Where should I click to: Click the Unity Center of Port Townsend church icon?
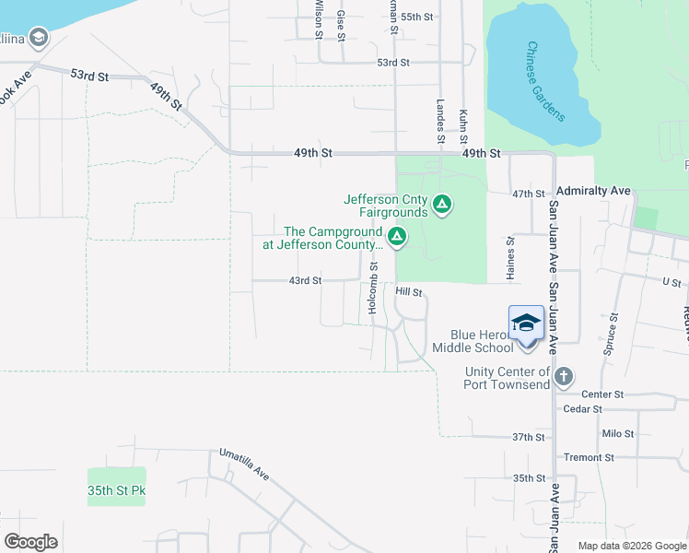(564, 376)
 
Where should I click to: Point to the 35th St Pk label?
(117, 490)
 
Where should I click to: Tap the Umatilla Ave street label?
(244, 465)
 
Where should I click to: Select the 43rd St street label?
(305, 280)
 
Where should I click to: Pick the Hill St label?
(408, 291)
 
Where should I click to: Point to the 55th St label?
(416, 17)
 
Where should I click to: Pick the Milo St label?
(617, 433)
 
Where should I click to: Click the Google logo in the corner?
(30, 541)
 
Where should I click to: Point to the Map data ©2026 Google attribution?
(631, 546)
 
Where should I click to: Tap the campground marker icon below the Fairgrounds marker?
(397, 238)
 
